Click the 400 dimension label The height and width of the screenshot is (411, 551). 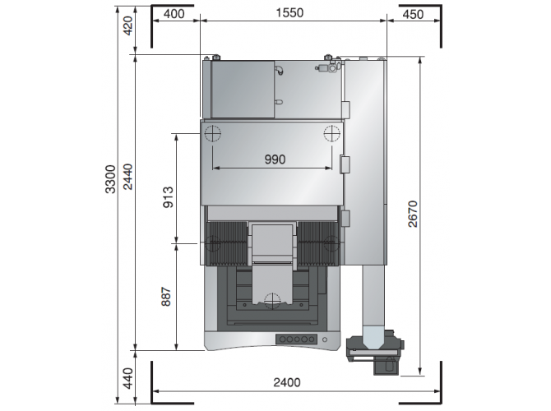click(174, 14)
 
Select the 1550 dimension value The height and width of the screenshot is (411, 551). click(289, 13)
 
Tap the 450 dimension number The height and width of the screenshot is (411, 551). click(413, 15)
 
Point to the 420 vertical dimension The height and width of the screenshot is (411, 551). click(127, 25)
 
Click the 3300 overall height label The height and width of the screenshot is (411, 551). click(110, 179)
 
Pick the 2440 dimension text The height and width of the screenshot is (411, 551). click(127, 177)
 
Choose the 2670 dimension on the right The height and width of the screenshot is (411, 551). click(413, 214)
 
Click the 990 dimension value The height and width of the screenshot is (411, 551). click(275, 159)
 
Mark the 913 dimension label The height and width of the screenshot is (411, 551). click(168, 197)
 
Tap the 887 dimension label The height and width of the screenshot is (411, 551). click(166, 297)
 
